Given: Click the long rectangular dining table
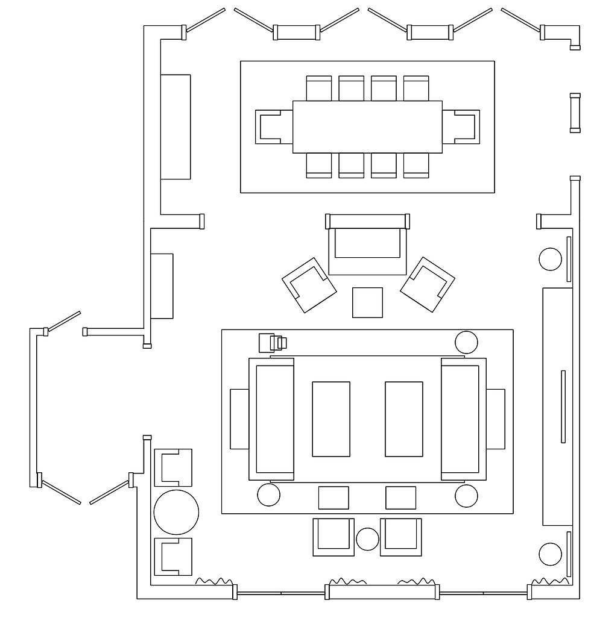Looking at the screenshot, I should tap(367, 126).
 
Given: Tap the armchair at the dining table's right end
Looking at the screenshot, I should tap(461, 127).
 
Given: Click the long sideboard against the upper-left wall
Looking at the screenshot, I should tap(175, 127).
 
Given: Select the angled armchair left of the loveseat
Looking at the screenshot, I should tap(309, 285).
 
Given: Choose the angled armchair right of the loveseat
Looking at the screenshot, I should tap(427, 285).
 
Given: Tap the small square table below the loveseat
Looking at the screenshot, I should tap(367, 302).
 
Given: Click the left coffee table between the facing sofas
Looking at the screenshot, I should tap(330, 419).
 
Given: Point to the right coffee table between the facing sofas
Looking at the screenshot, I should tap(403, 419).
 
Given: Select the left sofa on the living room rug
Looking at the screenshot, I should tap(272, 419).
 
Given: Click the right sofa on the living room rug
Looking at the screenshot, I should tap(463, 419).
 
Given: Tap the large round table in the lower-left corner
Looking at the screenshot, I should tap(176, 513).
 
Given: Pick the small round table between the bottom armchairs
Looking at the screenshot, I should tap(367, 539).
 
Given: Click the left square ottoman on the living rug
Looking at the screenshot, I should tap(333, 498).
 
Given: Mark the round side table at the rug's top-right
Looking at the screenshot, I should tap(466, 342).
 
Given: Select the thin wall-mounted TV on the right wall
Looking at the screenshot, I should tap(563, 407).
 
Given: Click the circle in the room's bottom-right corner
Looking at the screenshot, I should tap(550, 554).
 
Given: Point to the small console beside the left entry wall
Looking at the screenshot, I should tap(162, 286).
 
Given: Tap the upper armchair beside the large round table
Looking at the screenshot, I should tap(174, 467).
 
